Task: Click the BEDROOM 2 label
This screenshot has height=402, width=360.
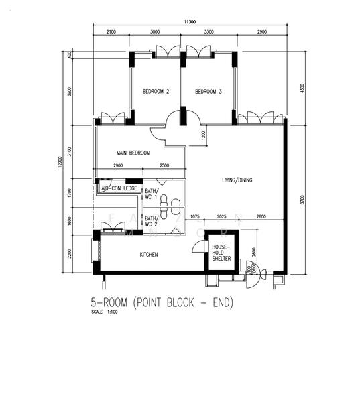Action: pyautogui.click(x=156, y=92)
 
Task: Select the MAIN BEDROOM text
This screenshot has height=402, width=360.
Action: pyautogui.click(x=133, y=153)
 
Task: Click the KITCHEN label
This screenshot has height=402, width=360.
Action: pyautogui.click(x=149, y=255)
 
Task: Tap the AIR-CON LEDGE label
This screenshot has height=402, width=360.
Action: pyautogui.click(x=119, y=189)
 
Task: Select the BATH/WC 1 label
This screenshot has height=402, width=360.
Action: pyautogui.click(x=151, y=194)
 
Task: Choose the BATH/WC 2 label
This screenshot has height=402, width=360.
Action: pyautogui.click(x=151, y=221)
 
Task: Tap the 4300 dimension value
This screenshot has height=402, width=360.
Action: pyautogui.click(x=303, y=88)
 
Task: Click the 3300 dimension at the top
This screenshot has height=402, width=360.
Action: pyautogui.click(x=208, y=32)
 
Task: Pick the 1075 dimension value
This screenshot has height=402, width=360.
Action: pyautogui.click(x=195, y=216)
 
